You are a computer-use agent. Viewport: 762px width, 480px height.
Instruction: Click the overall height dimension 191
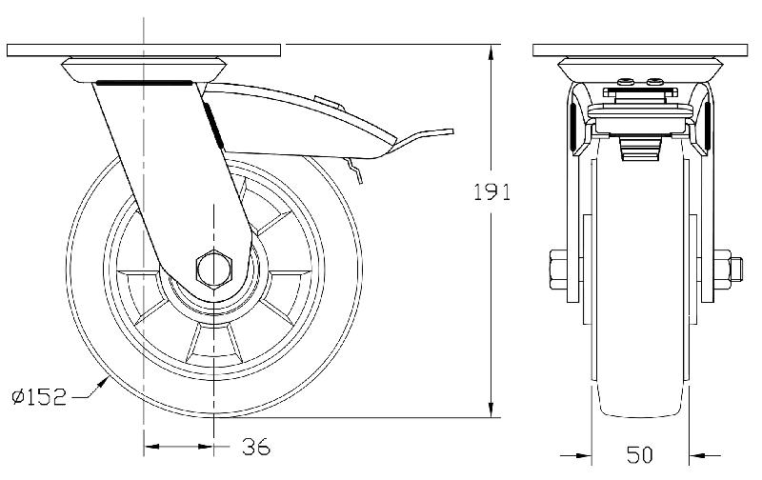click(x=493, y=191)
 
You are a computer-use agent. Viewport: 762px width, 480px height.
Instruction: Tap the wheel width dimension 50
click(x=640, y=454)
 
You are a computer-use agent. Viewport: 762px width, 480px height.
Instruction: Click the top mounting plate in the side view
click(x=144, y=49)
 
